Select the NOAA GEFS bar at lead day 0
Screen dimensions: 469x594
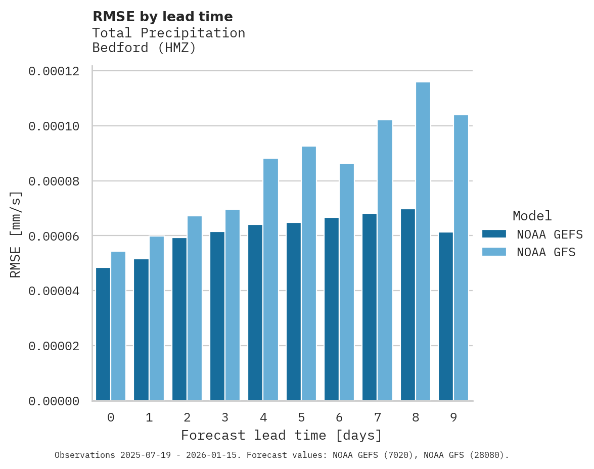(103, 334)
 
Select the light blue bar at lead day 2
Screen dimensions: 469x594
(195, 308)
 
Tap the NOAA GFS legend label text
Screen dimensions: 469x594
(546, 252)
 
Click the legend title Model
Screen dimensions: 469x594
(532, 216)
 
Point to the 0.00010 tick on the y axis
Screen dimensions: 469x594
(54, 126)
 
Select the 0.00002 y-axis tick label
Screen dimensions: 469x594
(54, 346)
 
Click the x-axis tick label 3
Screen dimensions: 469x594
(225, 417)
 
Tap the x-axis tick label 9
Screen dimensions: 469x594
(453, 417)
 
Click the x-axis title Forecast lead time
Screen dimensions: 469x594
(282, 435)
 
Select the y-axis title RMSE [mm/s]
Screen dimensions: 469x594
(16, 235)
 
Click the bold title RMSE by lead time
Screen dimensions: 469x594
(163, 17)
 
